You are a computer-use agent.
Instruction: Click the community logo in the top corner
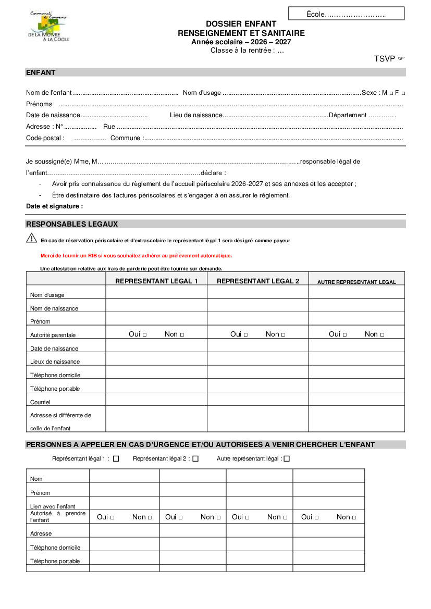coord(48,27)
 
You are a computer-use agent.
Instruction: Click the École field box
coord(346,14)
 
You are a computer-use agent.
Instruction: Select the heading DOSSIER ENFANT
coord(241,24)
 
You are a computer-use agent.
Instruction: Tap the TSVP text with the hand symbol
coord(389,59)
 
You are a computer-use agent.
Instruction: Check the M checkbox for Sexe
coord(391,93)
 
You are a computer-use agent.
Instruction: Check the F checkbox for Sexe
coord(403,93)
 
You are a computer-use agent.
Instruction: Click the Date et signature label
coord(54,206)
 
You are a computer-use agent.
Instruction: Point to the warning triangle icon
coord(31,238)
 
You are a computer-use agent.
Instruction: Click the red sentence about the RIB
coord(136,256)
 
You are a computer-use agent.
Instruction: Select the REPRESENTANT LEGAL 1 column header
coord(156,281)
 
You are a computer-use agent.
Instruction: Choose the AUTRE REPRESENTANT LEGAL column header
coord(356,282)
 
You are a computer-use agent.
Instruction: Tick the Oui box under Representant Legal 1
coord(144,334)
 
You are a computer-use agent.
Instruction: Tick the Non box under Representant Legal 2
coord(284,334)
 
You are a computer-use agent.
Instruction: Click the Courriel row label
coord(40,402)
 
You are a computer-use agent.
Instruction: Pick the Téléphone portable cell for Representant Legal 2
coord(257,386)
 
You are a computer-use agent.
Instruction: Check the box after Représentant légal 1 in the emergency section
coord(116,459)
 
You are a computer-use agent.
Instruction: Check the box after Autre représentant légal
coord(287,459)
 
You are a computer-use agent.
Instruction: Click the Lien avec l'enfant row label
coord(53,506)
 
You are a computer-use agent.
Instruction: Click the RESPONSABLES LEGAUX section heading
coord(72,224)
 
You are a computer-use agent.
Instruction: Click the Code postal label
coord(45,138)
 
